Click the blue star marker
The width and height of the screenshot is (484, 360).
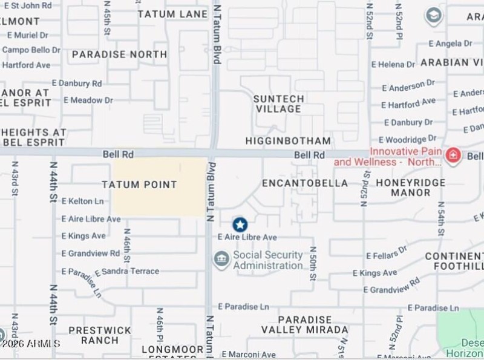(240, 225)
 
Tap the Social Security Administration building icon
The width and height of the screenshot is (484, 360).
(221, 260)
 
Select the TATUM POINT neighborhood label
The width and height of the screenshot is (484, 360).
(139, 185)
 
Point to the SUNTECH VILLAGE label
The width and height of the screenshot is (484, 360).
(278, 103)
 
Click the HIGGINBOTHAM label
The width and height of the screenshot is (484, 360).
(288, 140)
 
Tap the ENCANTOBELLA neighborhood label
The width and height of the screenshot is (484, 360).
(305, 183)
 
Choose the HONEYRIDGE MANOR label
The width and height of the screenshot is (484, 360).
(410, 188)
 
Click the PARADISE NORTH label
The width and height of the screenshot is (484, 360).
(119, 54)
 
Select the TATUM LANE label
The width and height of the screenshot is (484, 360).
(164, 14)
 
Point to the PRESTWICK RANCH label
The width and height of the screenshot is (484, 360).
(99, 335)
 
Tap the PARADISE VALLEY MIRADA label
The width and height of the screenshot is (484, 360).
(305, 325)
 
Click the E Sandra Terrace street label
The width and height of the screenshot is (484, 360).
(127, 271)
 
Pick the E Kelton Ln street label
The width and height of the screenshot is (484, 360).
(82, 201)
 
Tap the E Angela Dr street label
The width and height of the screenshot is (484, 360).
(450, 44)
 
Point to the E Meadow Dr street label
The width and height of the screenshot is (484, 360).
(88, 100)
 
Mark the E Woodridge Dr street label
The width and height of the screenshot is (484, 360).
(407, 140)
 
